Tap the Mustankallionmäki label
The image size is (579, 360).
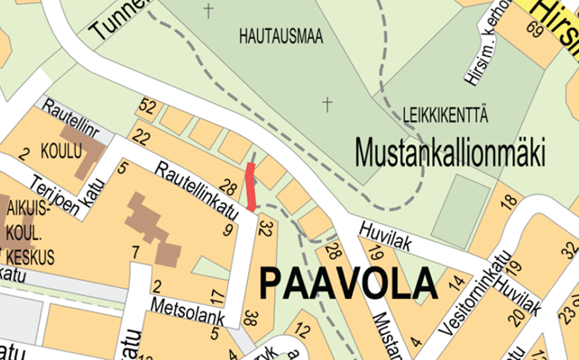[x=450, y=152]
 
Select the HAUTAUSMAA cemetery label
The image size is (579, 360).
[x=281, y=36]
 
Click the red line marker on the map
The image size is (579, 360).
[x=252, y=185]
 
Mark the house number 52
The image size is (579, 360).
[x=148, y=107]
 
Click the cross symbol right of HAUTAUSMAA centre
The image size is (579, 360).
[x=326, y=105]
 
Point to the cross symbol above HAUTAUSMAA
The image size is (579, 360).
[x=210, y=11]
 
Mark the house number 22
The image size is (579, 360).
[x=140, y=137]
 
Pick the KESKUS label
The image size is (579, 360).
[x=33, y=257]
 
